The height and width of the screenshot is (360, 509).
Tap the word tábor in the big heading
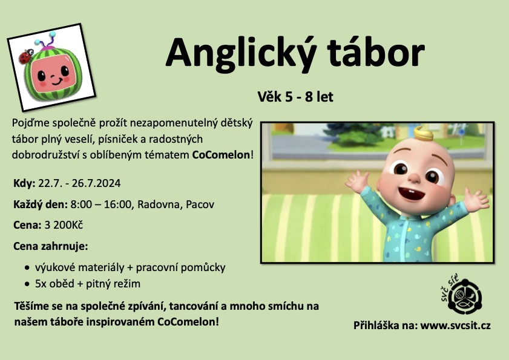click(376, 52)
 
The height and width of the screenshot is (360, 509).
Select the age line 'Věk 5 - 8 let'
click(295, 97)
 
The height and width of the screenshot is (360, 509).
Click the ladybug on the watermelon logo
click(26, 56)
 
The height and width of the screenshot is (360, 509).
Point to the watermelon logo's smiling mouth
click(56, 81)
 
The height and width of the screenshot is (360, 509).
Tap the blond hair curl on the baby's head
click(423, 133)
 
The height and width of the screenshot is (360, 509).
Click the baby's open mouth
click(412, 194)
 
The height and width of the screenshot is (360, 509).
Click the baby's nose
click(414, 177)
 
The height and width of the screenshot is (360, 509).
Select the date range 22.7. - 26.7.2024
click(79, 183)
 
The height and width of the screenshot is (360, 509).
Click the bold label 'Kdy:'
click(24, 183)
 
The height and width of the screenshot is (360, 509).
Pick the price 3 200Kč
click(64, 225)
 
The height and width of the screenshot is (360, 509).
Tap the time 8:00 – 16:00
click(100, 205)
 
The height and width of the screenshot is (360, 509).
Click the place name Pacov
click(200, 205)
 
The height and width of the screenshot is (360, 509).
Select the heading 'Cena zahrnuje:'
click(51, 246)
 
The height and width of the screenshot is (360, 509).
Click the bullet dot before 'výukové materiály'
click(27, 268)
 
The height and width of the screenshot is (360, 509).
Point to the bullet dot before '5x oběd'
click(27, 284)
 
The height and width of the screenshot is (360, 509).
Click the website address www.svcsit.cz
click(456, 326)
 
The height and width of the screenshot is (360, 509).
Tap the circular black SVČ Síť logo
click(465, 296)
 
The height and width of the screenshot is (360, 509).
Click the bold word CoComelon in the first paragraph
click(221, 155)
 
